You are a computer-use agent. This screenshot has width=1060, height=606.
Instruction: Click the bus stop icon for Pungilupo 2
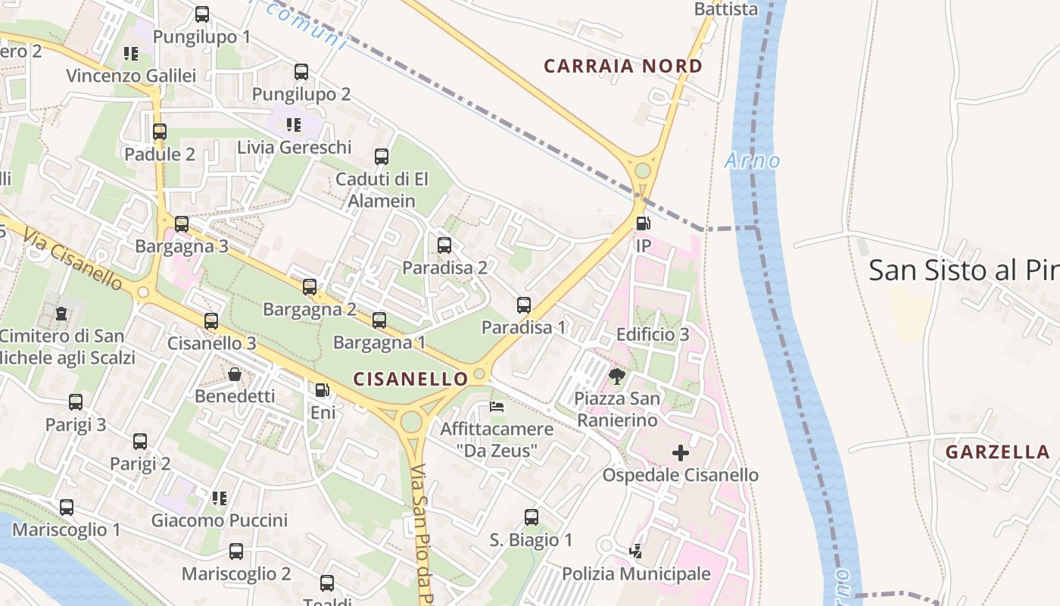point(301,72)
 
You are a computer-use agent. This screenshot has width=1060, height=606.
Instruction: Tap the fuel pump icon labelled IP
point(643,223)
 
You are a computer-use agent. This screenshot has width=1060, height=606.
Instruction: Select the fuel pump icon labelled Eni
point(323,390)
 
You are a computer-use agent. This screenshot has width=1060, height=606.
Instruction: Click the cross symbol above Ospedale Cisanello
point(681,453)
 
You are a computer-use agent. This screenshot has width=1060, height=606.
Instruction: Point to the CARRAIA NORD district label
point(623,66)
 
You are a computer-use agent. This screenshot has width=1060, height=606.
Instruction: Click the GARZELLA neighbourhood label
point(997,452)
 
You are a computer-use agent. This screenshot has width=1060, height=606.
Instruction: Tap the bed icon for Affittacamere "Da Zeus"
point(497,407)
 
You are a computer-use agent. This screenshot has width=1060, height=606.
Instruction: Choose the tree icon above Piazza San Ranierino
point(617,376)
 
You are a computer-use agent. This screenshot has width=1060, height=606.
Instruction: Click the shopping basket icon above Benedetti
point(235,374)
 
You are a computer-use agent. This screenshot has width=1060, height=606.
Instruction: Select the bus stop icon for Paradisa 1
point(524,305)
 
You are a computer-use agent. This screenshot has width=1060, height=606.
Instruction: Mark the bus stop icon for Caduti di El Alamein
point(382,157)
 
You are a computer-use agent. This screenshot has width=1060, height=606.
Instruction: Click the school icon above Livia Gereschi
point(294,124)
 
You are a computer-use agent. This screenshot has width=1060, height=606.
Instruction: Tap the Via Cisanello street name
point(73,258)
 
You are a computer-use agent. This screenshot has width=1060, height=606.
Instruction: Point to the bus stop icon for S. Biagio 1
point(532,517)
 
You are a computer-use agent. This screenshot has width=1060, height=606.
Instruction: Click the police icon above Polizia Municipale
point(636,551)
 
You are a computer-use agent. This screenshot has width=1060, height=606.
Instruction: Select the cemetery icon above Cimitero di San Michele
point(61,313)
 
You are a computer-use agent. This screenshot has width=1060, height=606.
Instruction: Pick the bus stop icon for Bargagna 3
point(182,224)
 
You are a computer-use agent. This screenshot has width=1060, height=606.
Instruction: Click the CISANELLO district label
point(410,378)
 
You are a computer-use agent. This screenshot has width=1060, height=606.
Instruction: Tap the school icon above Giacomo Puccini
point(220,498)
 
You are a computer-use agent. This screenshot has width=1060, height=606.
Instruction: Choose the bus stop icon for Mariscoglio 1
point(67,508)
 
